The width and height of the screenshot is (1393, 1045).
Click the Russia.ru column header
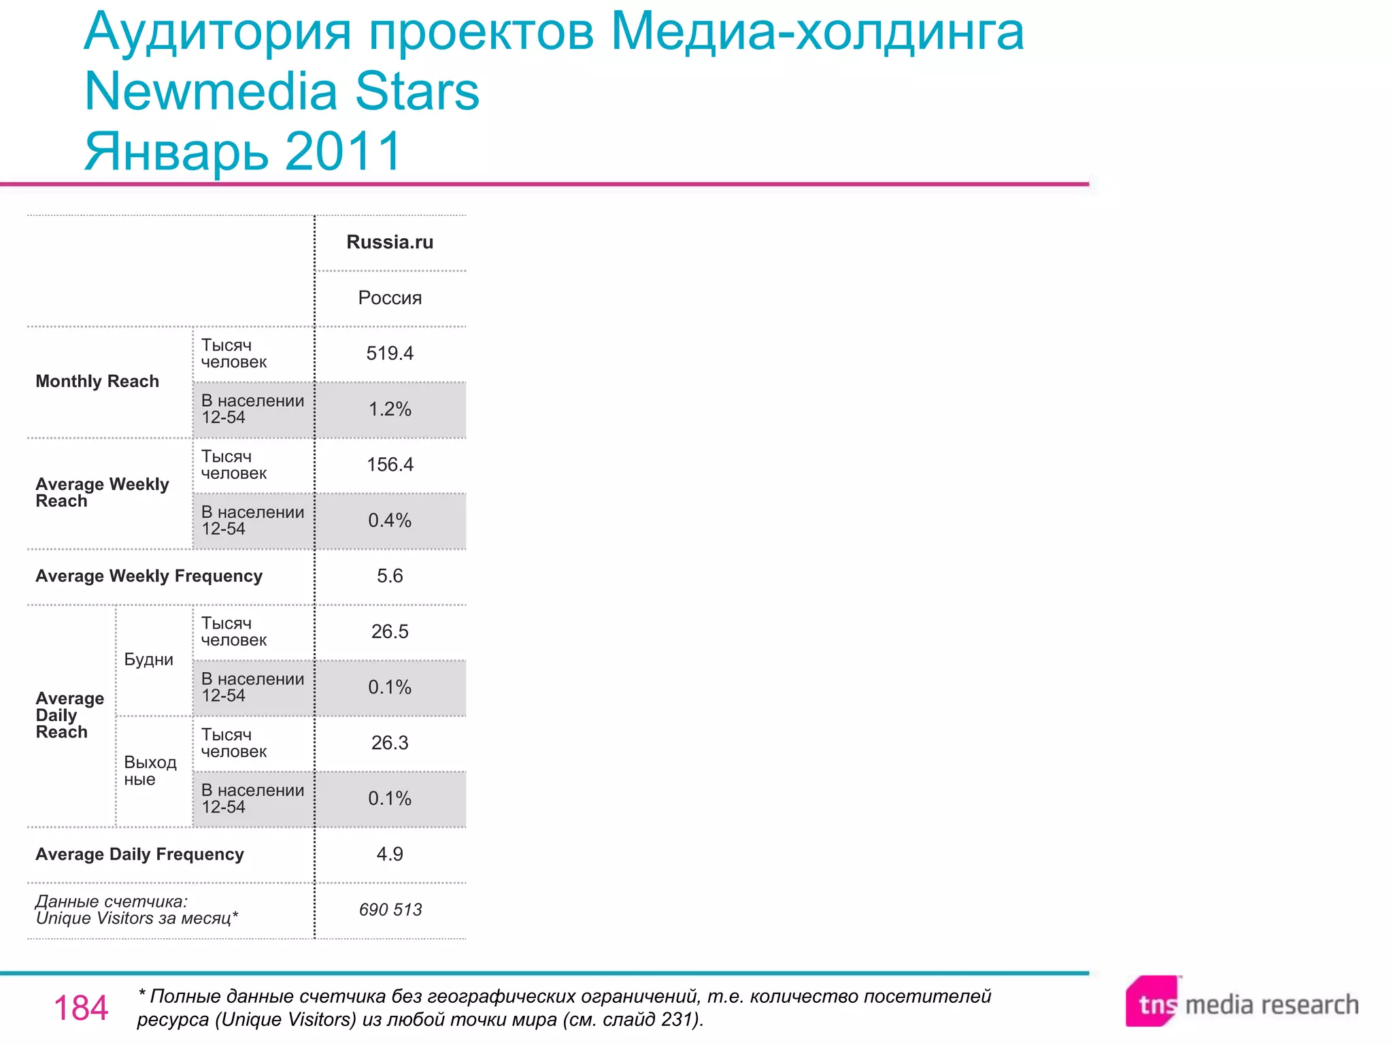(390, 242)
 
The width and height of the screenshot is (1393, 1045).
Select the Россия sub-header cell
(390, 298)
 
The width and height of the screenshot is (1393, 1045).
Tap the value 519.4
(390, 354)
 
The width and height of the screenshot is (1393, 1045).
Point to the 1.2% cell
(390, 410)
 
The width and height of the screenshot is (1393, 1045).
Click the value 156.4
(390, 465)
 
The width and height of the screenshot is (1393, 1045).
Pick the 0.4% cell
(390, 521)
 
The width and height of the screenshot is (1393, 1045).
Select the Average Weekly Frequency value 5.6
(390, 576)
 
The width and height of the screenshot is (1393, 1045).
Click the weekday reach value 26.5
(390, 632)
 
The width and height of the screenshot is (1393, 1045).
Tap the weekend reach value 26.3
(390, 743)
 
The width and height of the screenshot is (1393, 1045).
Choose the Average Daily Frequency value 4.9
(390, 855)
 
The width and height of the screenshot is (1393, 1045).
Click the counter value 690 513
(390, 910)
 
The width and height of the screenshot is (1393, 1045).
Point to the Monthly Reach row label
(97, 382)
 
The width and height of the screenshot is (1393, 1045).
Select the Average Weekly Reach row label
(102, 493)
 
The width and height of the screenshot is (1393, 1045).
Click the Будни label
(148, 660)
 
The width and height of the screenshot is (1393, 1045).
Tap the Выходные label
(150, 771)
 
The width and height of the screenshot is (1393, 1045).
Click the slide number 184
(81, 1008)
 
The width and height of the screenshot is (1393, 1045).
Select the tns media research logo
(1242, 1003)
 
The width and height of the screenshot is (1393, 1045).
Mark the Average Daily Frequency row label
(139, 855)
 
